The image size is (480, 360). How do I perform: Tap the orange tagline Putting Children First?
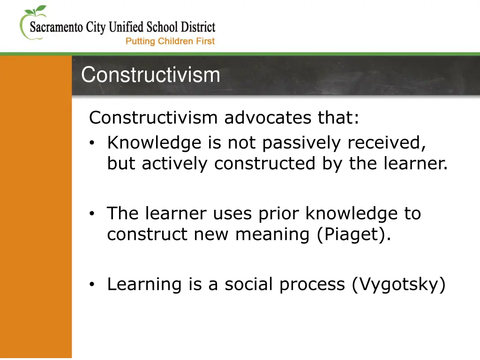(170, 41)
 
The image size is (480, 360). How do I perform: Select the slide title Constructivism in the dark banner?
(150, 75)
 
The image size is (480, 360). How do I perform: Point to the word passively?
(302, 143)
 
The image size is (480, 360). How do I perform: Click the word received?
(386, 143)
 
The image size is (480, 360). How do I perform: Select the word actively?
(177, 164)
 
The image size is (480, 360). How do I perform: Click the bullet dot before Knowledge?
(93, 143)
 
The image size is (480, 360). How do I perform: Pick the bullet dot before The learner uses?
(93, 214)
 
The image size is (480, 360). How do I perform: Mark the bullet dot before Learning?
(93, 284)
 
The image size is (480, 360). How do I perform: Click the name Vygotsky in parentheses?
(398, 285)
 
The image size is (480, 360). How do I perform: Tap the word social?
(250, 284)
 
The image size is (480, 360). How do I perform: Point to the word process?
(312, 285)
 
